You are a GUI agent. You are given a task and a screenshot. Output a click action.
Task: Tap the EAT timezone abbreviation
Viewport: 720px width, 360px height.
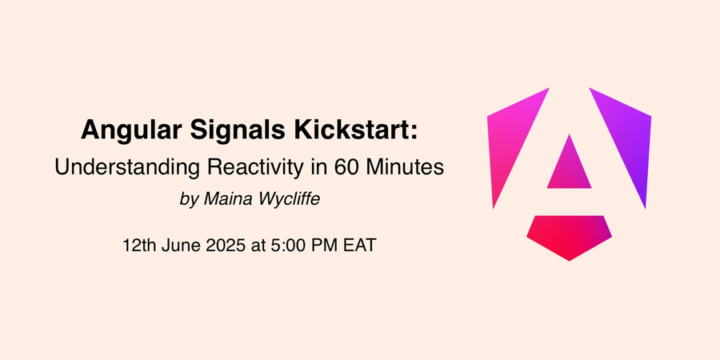click(x=359, y=246)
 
